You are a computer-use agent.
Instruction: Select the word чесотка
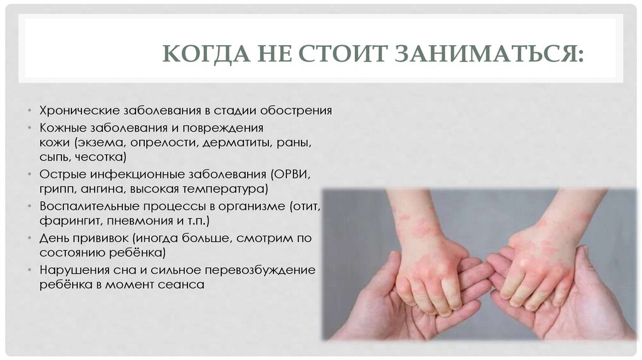102,156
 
